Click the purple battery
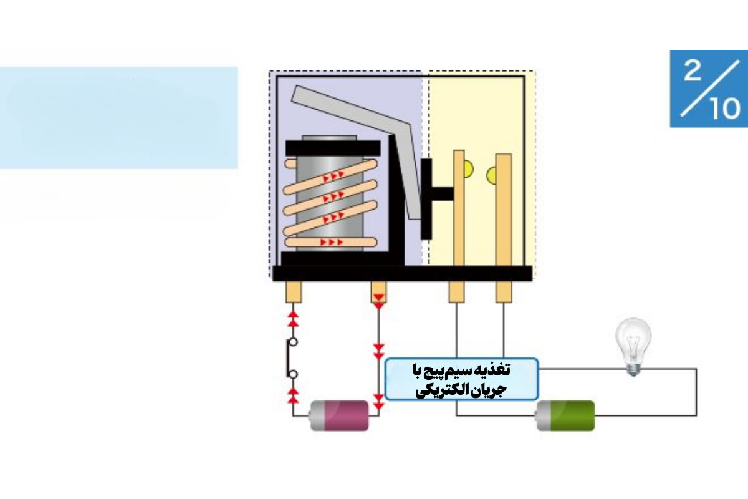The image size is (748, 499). (x=339, y=416)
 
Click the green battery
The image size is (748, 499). (x=565, y=416)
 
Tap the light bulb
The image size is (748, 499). (x=633, y=347)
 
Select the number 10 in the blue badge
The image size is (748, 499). (x=725, y=109)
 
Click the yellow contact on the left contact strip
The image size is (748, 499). (x=469, y=169)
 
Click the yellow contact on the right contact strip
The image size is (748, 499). (x=492, y=175)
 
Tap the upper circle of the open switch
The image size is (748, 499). (x=293, y=342)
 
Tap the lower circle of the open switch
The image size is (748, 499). (x=293, y=374)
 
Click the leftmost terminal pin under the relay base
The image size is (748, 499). (x=294, y=292)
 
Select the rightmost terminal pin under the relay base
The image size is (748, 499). (x=504, y=292)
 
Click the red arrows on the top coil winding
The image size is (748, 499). (x=333, y=177)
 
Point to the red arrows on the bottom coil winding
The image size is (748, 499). (x=332, y=242)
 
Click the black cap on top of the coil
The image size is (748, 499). (x=333, y=148)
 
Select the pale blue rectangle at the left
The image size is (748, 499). (x=118, y=118)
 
